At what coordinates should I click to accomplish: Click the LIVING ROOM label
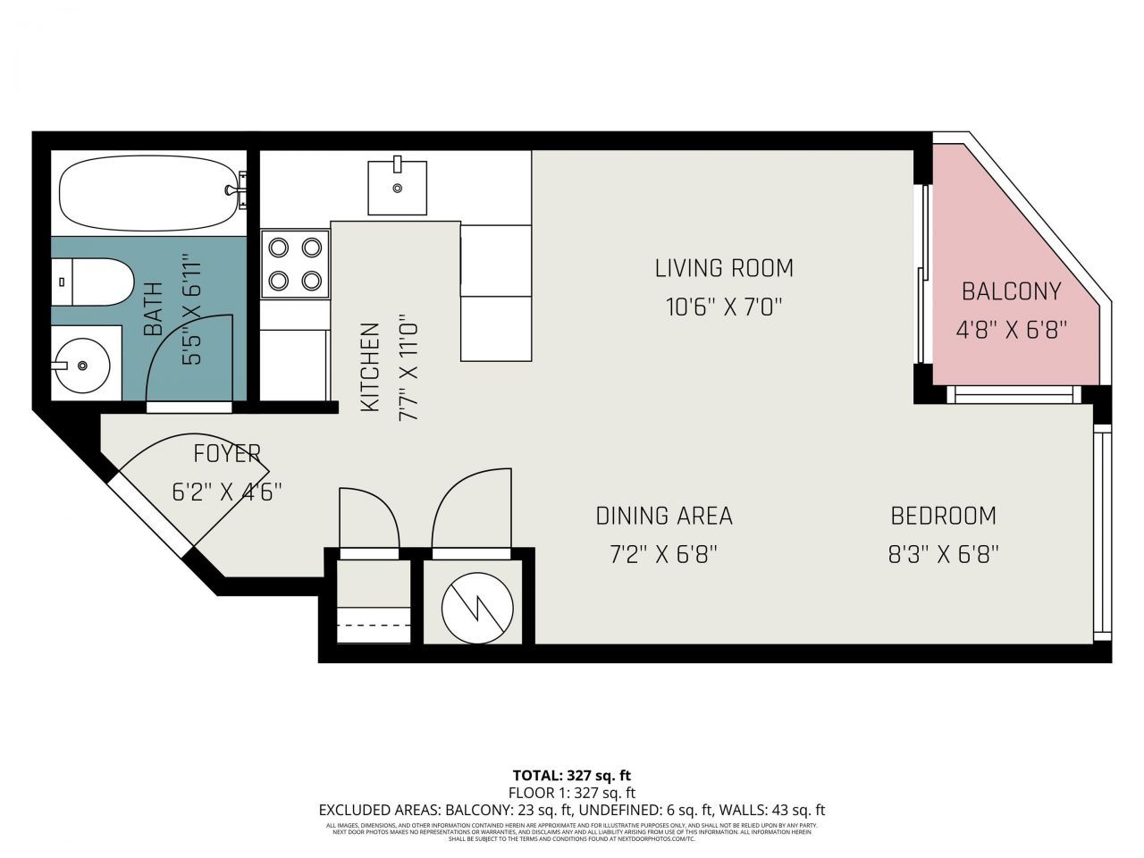(724, 268)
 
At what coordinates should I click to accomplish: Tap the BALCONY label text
(1011, 291)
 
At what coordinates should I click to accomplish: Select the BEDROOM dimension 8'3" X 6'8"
(943, 555)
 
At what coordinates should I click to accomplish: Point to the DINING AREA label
(664, 516)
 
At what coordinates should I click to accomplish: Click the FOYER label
(227, 454)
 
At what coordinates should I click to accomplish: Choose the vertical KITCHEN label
(370, 367)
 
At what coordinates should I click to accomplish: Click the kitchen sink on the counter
(397, 188)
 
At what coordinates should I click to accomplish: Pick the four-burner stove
(295, 264)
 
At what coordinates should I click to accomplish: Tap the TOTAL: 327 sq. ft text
(571, 776)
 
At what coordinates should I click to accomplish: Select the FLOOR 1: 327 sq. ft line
(571, 793)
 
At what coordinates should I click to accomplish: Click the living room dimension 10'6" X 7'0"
(724, 307)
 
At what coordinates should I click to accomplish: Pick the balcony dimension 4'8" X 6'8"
(1011, 331)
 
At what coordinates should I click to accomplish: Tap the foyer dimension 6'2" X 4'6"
(227, 492)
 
